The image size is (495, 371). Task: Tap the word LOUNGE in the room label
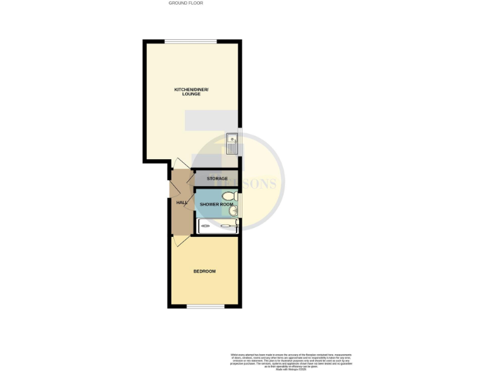pyautogui.click(x=191, y=94)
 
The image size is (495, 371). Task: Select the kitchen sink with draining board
pyautogui.click(x=232, y=143)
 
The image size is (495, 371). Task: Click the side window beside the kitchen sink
pyautogui.click(x=240, y=143)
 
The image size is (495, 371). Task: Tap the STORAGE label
pyautogui.click(x=217, y=178)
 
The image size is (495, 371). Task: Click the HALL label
pyautogui.click(x=182, y=203)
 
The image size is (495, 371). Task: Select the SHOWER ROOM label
pyautogui.click(x=216, y=204)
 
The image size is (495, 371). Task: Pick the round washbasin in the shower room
pyautogui.click(x=233, y=210)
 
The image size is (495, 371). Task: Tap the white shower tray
pyautogui.click(x=218, y=225)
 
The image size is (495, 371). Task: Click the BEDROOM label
pyautogui.click(x=204, y=271)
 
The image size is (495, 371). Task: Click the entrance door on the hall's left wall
pyautogui.click(x=172, y=191)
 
